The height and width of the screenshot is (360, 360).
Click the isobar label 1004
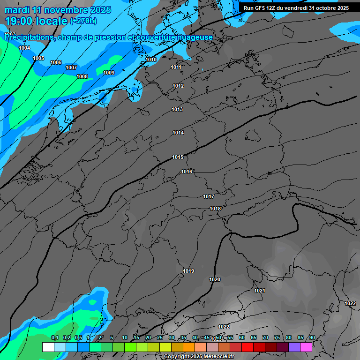pyautogui.click(x=24, y=48)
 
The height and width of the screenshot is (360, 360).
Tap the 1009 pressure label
pyautogui.click(x=109, y=73)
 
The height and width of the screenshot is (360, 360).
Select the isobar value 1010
pyautogui.click(x=151, y=60)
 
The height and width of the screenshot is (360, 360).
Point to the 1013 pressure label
pyautogui.click(x=177, y=109)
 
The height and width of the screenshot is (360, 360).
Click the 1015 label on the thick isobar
pyautogui.click(x=178, y=157)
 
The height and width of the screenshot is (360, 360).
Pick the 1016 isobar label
pyautogui.click(x=187, y=172)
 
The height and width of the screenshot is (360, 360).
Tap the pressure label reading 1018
pyautogui.click(x=215, y=209)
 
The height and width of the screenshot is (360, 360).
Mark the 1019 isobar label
pyautogui.click(x=188, y=271)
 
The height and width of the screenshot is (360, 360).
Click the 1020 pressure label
pyautogui.click(x=215, y=279)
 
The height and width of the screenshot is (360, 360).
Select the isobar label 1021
pyautogui.click(x=260, y=291)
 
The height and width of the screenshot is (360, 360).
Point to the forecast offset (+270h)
pyautogui.click(x=83, y=21)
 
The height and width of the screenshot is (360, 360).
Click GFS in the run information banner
pyautogui.click(x=261, y=8)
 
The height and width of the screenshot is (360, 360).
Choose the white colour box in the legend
pyautogui.click(x=48, y=347)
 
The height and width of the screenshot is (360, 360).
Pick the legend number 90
pyautogui.click(x=312, y=337)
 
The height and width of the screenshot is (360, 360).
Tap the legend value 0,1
pyautogui.click(x=54, y=337)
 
